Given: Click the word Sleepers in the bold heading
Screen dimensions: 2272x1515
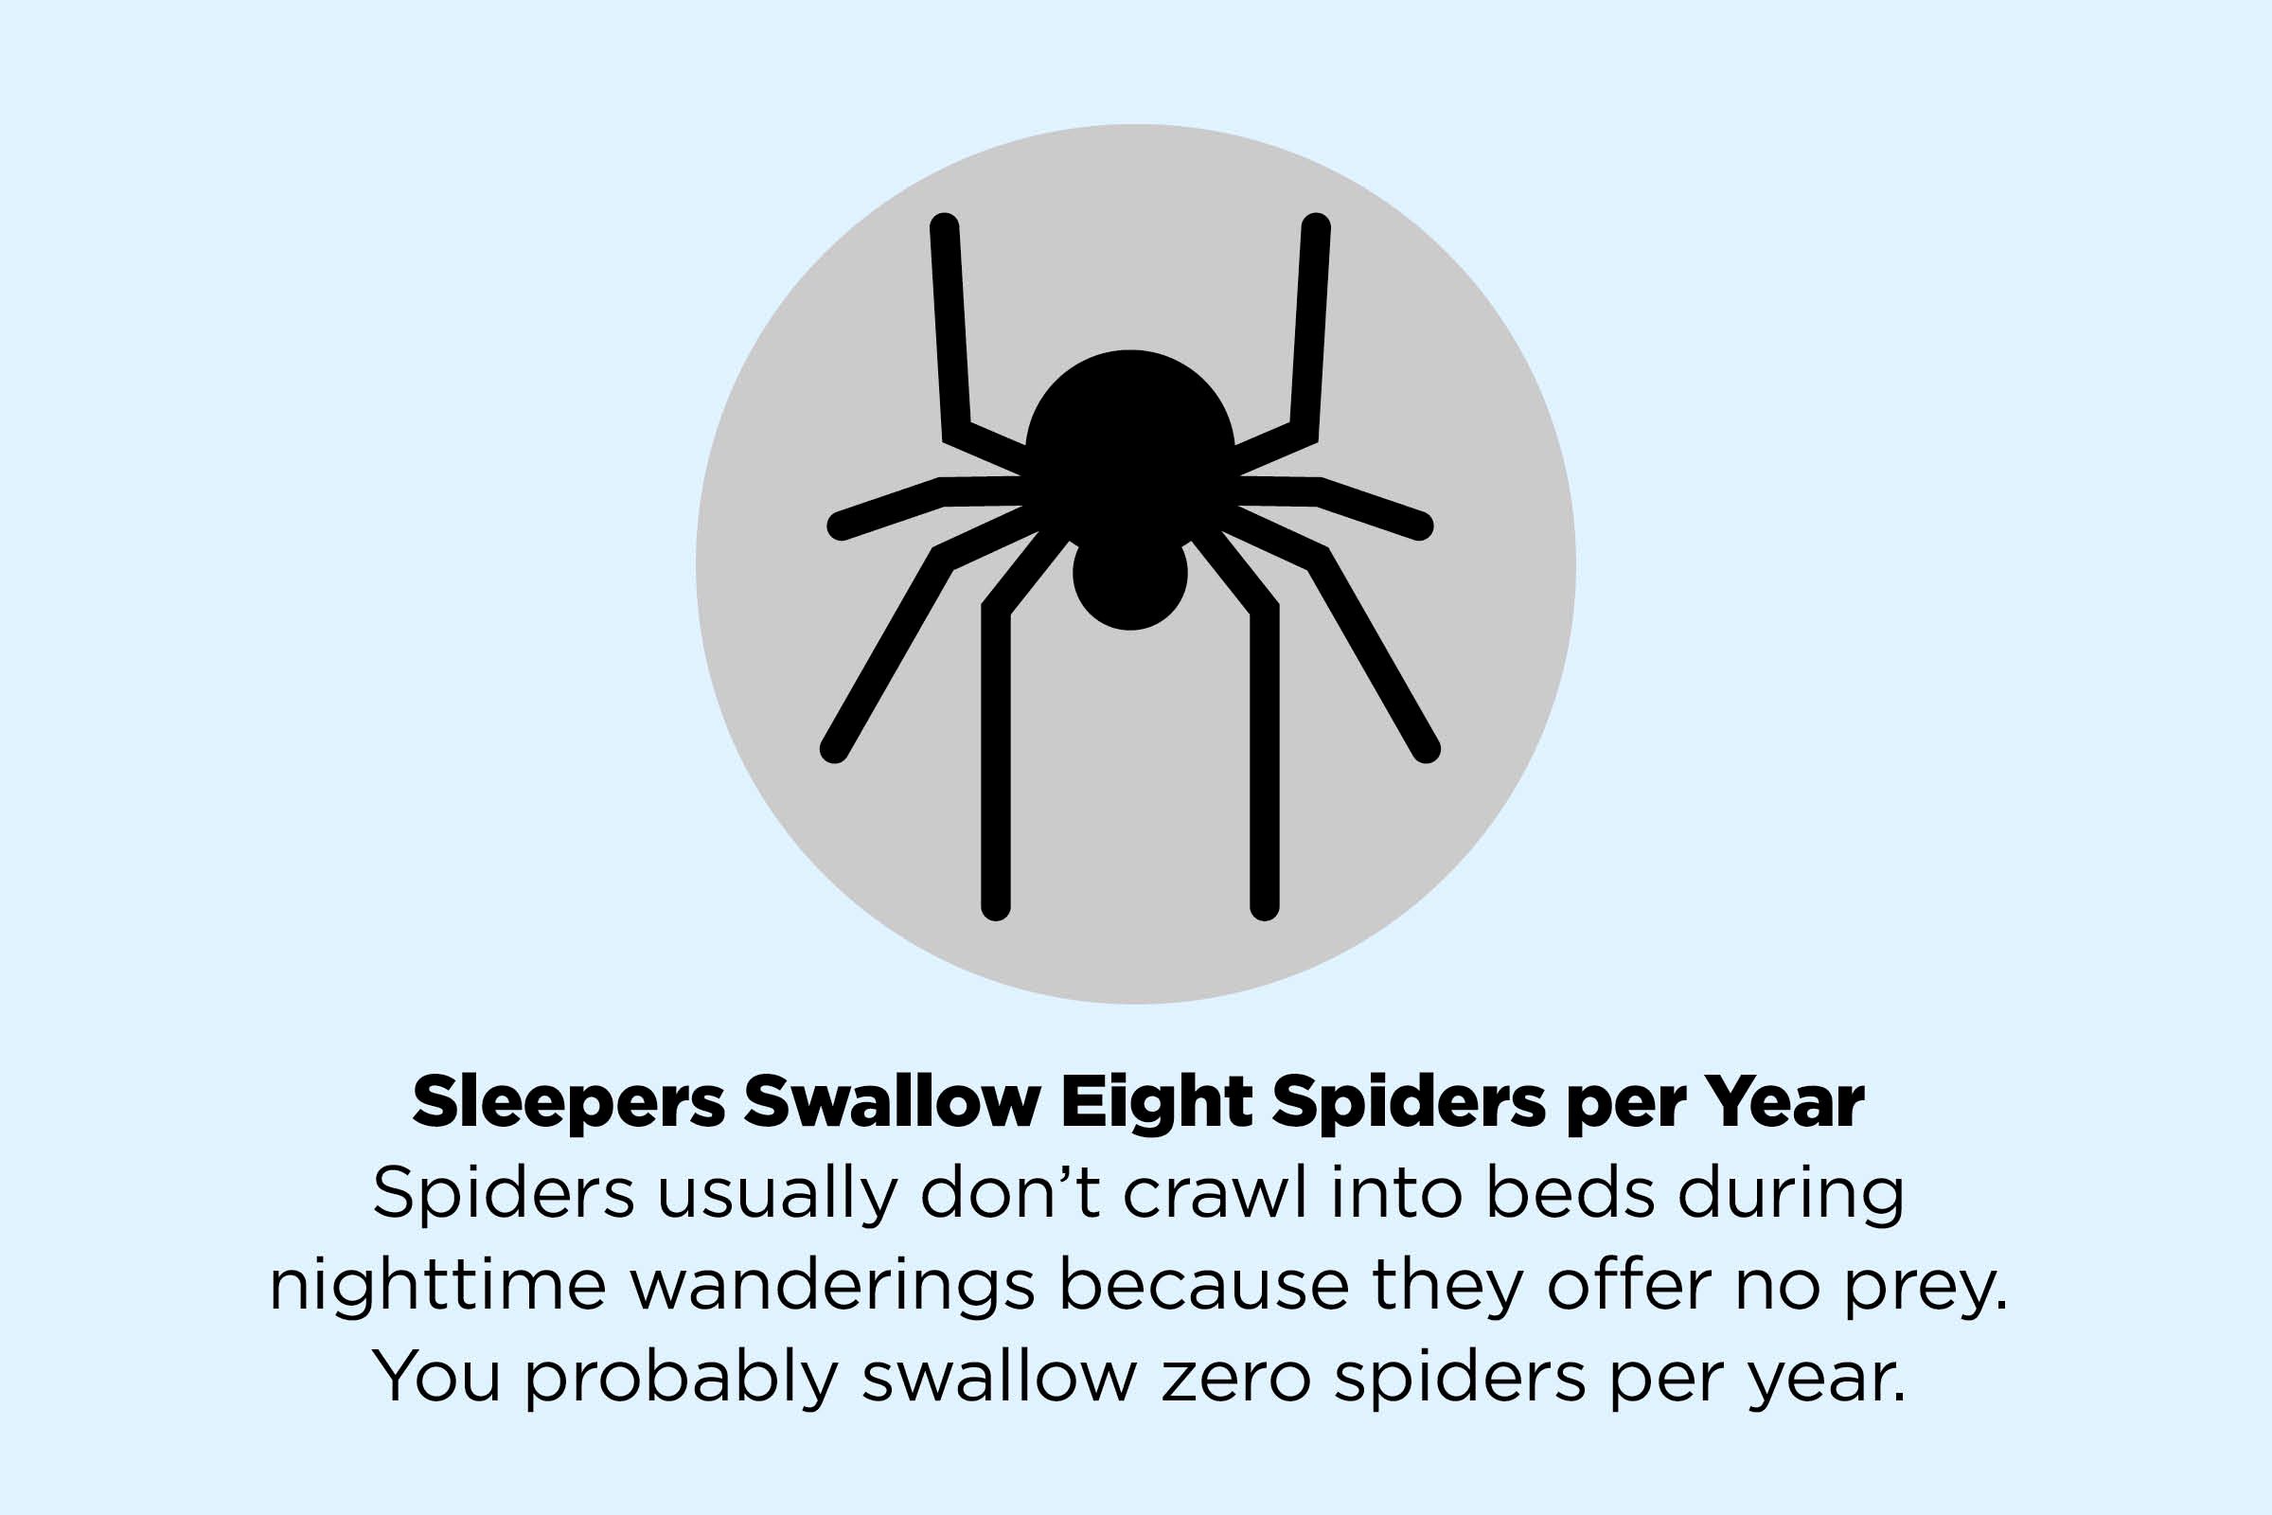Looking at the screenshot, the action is coord(569,1101).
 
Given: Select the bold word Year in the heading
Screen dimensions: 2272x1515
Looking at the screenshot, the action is coord(1784,1101).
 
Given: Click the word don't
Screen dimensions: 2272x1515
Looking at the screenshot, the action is coord(1011,1193).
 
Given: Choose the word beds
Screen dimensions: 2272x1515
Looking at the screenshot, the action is coord(1570,1193).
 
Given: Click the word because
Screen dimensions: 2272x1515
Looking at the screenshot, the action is coord(1203,1285).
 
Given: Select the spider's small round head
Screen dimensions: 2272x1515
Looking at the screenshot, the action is coord(1130,576).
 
